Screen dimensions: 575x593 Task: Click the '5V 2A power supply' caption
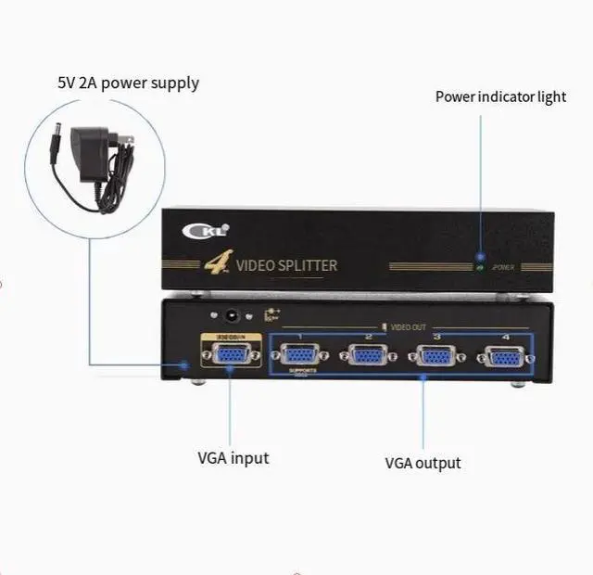(x=128, y=83)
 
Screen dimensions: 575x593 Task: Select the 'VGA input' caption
(x=233, y=457)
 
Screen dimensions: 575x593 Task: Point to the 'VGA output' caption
(x=423, y=463)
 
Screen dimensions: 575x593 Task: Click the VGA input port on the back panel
(x=229, y=355)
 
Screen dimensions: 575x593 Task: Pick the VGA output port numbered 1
(x=299, y=356)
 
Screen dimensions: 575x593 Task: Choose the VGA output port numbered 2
(x=368, y=356)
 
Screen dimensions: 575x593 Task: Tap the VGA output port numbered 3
(x=435, y=357)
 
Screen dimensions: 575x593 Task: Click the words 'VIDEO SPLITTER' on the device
(x=287, y=266)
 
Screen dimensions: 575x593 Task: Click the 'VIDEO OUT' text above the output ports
(x=408, y=327)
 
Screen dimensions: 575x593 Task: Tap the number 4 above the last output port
(x=505, y=337)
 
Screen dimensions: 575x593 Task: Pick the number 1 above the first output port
(x=299, y=336)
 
